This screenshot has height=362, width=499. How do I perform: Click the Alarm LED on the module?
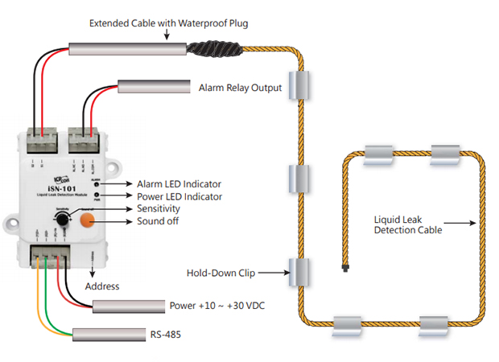tap(96, 184)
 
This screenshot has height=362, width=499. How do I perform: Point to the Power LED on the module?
tap(96, 195)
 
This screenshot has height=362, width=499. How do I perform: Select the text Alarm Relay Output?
tap(240, 87)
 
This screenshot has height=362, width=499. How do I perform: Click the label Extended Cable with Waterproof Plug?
tap(168, 23)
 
